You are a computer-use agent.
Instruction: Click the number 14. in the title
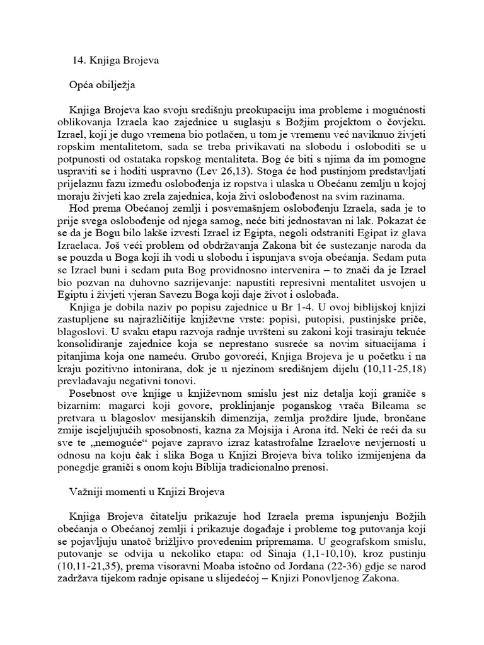[80, 62]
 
